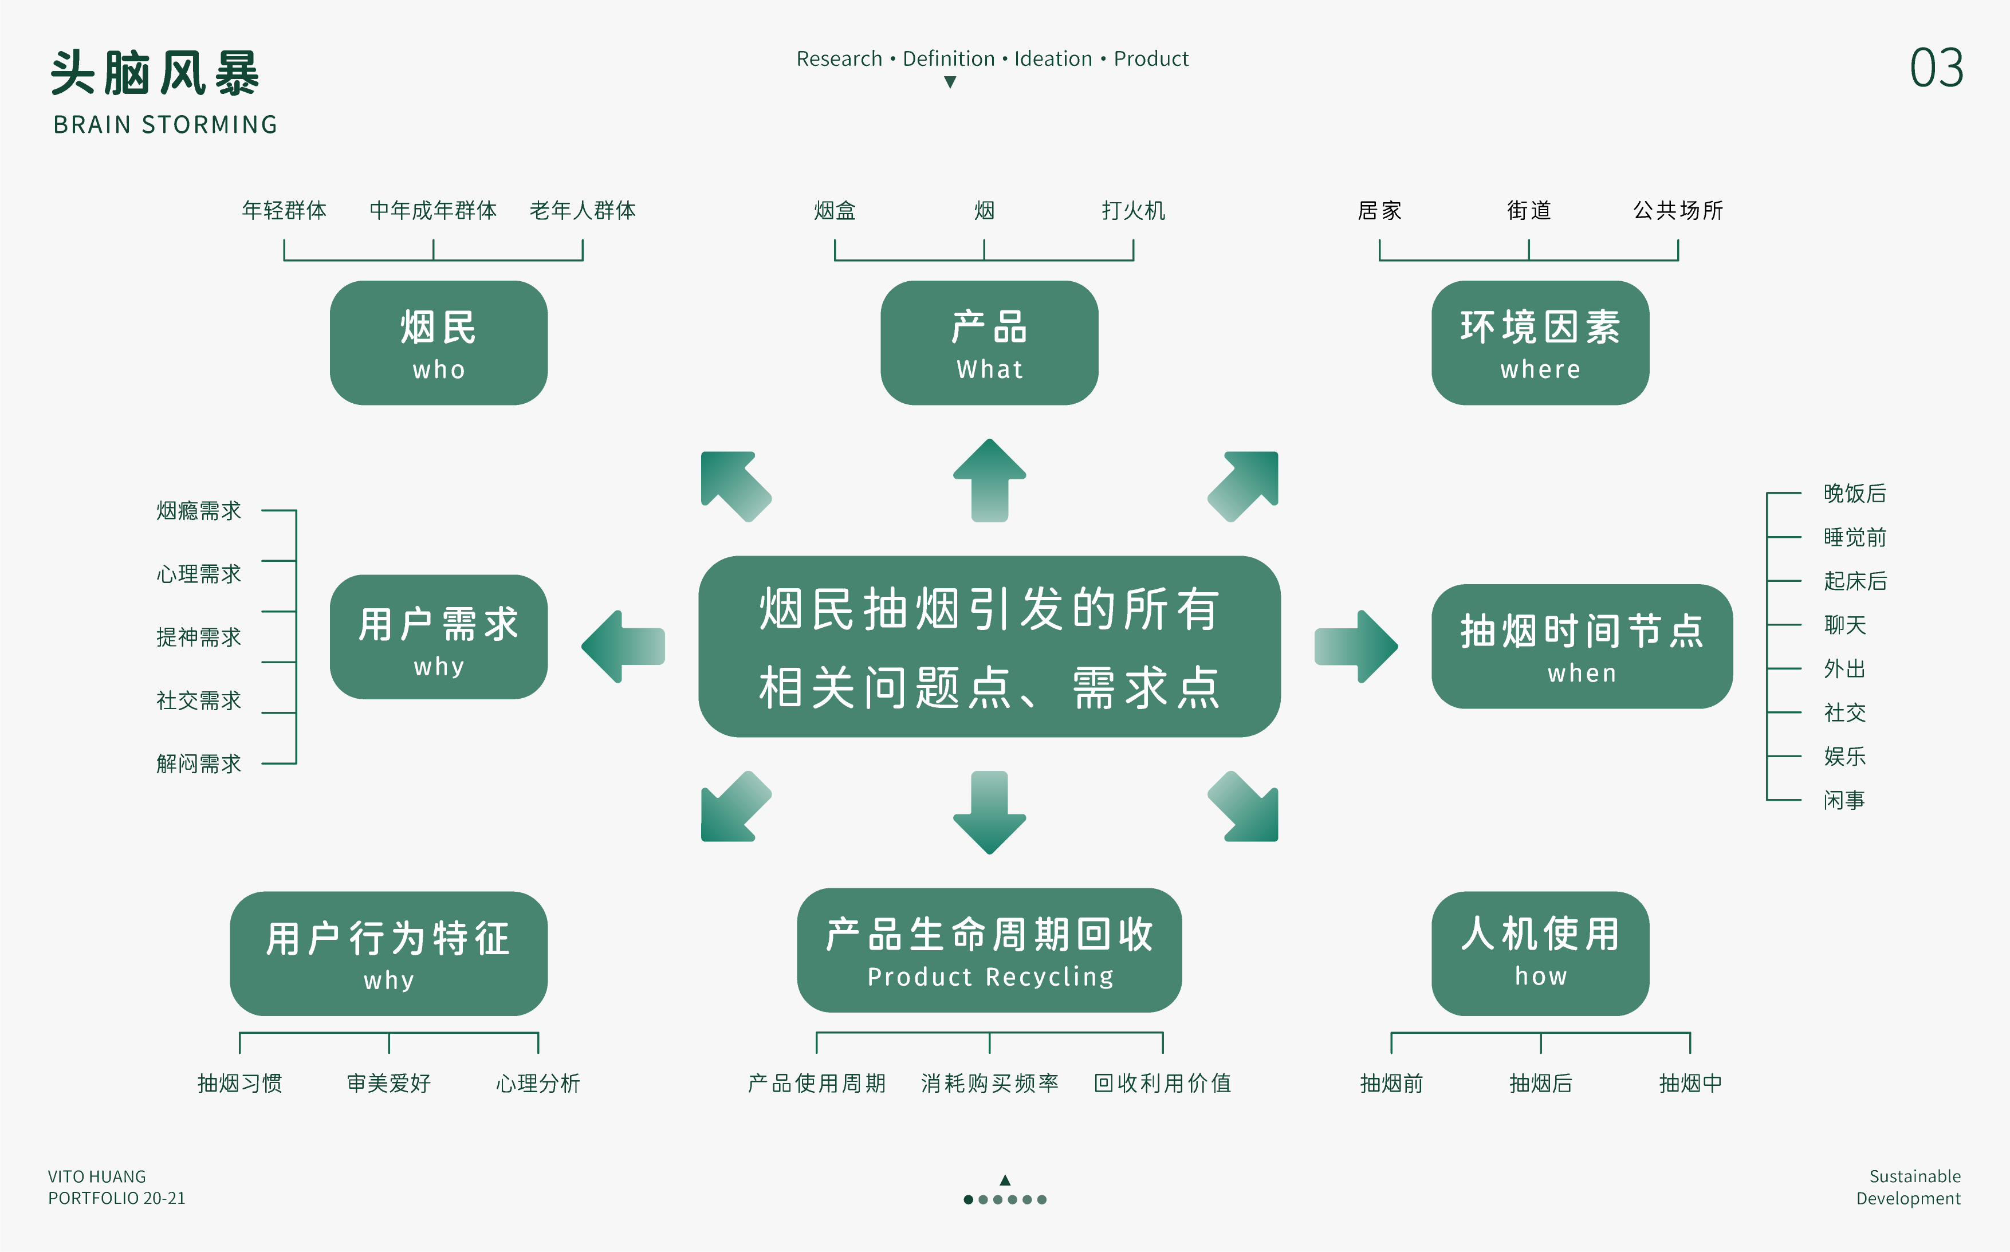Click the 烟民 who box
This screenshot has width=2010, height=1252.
pyautogui.click(x=438, y=343)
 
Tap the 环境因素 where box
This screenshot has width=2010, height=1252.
pyautogui.click(x=1540, y=343)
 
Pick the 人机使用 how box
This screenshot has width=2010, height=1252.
pyautogui.click(x=1540, y=953)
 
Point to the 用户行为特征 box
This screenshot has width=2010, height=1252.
pyautogui.click(x=388, y=953)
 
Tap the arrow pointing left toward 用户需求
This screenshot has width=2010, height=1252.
pyautogui.click(x=624, y=647)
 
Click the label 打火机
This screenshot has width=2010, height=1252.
pyautogui.click(x=1133, y=210)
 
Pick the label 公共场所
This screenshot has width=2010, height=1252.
pyautogui.click(x=1677, y=210)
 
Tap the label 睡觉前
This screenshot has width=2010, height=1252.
pyautogui.click(x=1854, y=537)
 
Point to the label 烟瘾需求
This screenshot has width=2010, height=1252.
pyautogui.click(x=199, y=511)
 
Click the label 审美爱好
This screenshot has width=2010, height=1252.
pyautogui.click(x=388, y=1083)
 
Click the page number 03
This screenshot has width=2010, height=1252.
pyautogui.click(x=1936, y=68)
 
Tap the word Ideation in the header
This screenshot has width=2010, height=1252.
pyautogui.click(x=1053, y=59)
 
